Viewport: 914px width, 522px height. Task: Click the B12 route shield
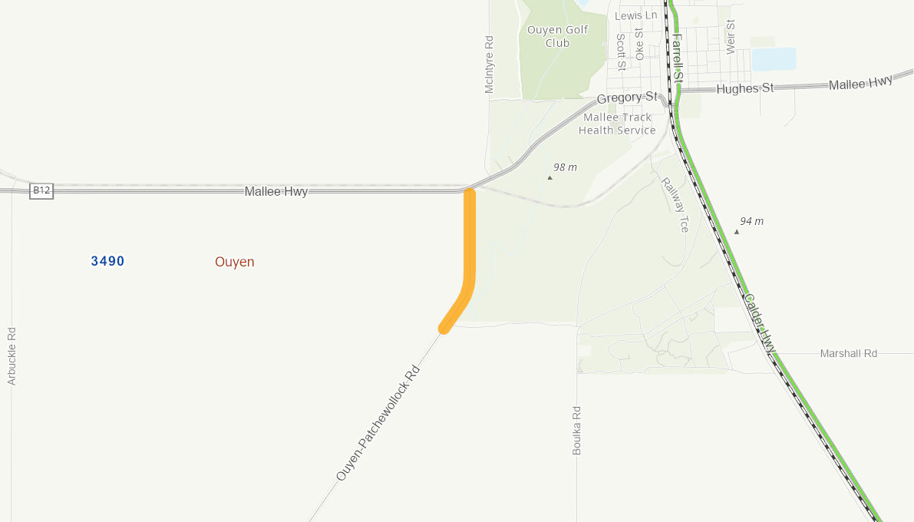click(x=41, y=190)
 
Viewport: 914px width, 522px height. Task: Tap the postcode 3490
click(x=107, y=261)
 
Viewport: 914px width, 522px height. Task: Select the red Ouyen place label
click(x=234, y=262)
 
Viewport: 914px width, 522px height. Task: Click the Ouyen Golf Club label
click(x=557, y=36)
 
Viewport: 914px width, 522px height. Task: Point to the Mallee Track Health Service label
click(x=617, y=124)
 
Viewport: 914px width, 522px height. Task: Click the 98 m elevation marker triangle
click(x=549, y=177)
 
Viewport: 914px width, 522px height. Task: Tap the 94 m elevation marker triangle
click(x=736, y=232)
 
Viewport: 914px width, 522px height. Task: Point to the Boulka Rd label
click(x=577, y=430)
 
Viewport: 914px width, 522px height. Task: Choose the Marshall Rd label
click(x=848, y=354)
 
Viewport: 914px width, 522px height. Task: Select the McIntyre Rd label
click(x=489, y=64)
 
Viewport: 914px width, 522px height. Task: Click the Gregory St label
click(x=627, y=98)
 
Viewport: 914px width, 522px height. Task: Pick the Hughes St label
click(x=744, y=88)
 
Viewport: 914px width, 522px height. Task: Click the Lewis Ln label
click(x=636, y=15)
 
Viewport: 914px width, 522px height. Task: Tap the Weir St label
click(x=730, y=37)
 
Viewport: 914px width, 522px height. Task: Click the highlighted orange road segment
click(x=469, y=253)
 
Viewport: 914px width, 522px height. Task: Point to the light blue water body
click(x=774, y=59)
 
